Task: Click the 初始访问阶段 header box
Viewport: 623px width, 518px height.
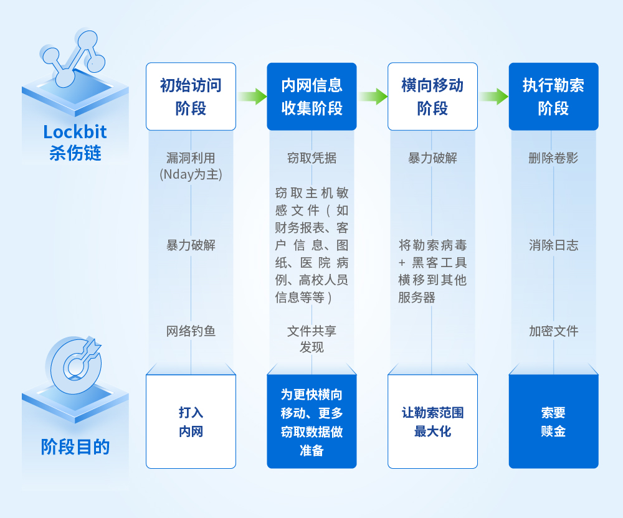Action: (191, 97)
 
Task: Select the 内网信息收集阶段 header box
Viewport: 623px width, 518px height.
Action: (312, 97)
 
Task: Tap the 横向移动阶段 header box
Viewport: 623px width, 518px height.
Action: (433, 97)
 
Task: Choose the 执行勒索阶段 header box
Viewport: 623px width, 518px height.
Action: (553, 97)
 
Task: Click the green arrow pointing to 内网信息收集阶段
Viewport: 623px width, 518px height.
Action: (252, 97)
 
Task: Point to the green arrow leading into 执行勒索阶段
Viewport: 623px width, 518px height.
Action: (494, 97)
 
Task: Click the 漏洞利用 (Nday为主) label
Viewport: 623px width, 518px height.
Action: (191, 166)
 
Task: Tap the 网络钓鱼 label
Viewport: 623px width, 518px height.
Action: (191, 331)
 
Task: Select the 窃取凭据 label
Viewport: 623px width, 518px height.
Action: (312, 158)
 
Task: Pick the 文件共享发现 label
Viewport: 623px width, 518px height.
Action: (312, 339)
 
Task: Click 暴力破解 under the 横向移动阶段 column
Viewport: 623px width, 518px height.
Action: (433, 158)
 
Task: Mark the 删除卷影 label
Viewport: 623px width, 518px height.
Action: (553, 158)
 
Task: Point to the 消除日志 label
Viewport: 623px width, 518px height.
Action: (553, 245)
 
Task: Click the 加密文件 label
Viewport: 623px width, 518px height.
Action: (553, 331)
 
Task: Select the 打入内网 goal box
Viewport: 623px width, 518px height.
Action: (191, 421)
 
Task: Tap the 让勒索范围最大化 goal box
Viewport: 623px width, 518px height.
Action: (433, 421)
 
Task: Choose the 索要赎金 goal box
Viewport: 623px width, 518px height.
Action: (553, 421)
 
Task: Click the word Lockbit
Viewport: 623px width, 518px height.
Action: (75, 132)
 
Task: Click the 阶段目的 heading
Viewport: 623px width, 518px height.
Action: (75, 447)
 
